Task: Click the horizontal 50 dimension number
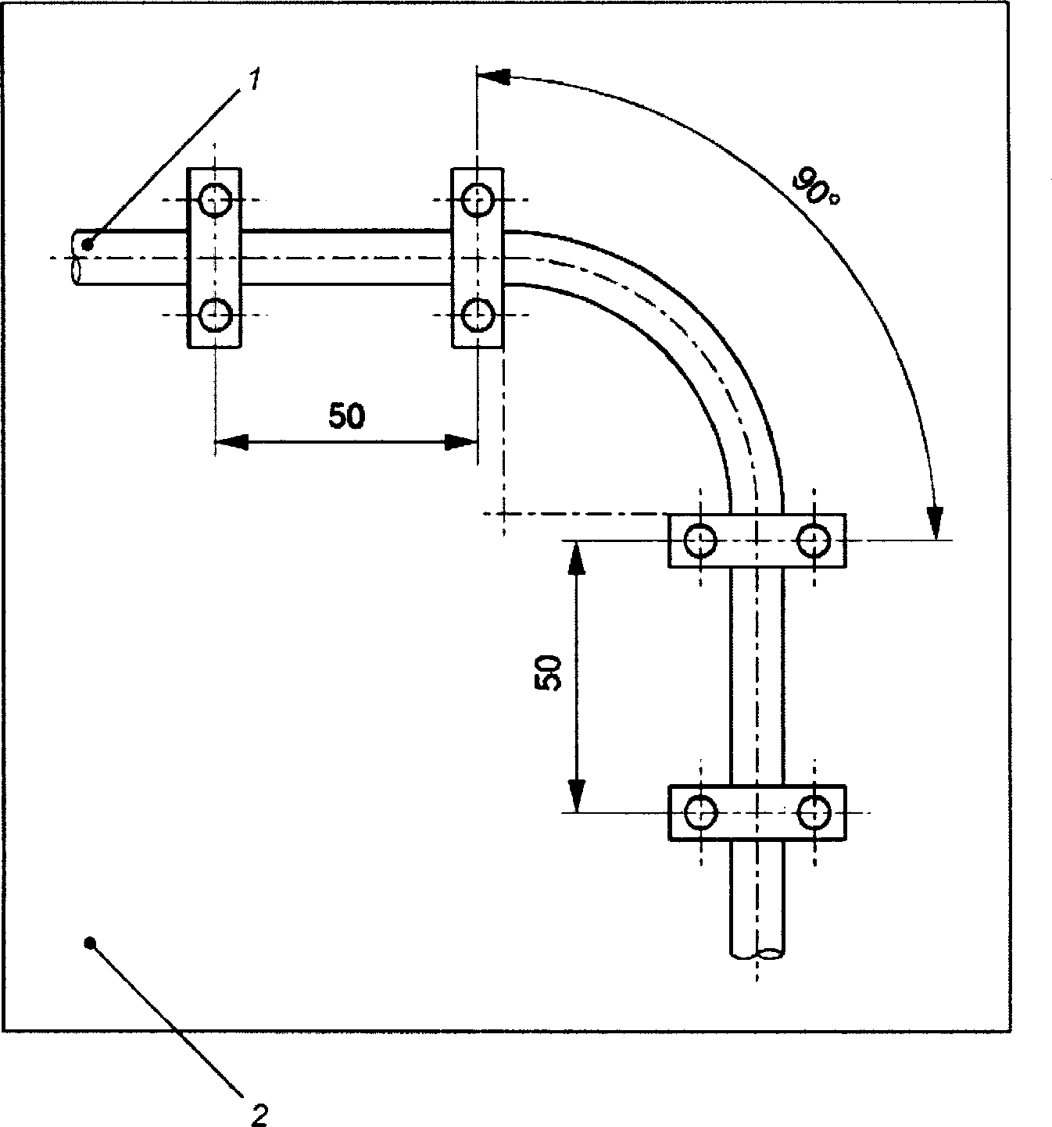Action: [x=346, y=416]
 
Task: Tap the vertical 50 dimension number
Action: [x=548, y=673]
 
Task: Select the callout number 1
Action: [x=253, y=80]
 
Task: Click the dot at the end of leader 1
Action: [x=88, y=244]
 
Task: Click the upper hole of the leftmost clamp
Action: [x=215, y=200]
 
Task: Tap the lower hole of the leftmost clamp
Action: [x=215, y=315]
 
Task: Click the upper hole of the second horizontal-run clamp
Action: [x=477, y=200]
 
